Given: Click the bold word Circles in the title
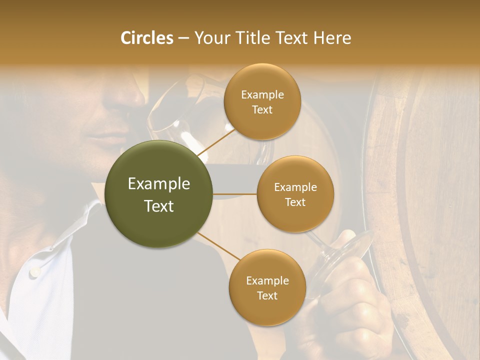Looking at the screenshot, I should pos(147,38).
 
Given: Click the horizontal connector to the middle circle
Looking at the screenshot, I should pos(235,193).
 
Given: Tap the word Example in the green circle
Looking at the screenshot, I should pos(159,184).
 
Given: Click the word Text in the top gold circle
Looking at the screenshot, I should pos(262,110).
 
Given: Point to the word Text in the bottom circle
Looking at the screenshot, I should pos(267,295).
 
